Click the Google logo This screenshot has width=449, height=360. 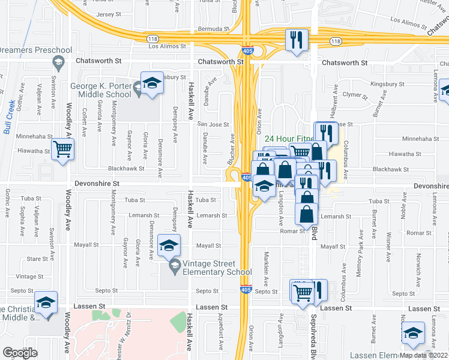[x=20, y=352]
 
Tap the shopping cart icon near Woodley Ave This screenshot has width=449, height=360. [x=62, y=149]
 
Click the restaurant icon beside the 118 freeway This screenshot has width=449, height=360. [x=297, y=40]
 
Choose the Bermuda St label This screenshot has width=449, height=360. [x=215, y=28]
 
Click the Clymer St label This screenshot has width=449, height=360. [x=354, y=95]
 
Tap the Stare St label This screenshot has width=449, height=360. [x=37, y=259]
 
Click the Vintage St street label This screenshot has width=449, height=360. [x=26, y=277]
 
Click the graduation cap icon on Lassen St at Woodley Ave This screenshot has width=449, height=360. [x=45, y=304]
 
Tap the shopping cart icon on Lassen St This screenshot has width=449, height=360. [x=303, y=292]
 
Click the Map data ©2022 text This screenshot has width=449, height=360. [x=422, y=355]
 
